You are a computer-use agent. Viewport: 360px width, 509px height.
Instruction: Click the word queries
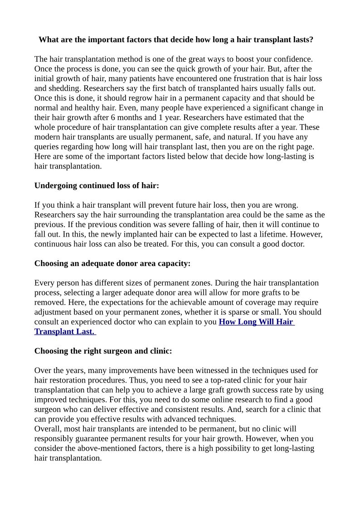point(47,147)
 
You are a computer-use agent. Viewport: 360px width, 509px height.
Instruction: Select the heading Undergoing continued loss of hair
point(97,185)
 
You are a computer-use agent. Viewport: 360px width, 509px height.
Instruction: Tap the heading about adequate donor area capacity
point(112,263)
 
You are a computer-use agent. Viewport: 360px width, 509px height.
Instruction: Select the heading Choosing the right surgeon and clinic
point(103,351)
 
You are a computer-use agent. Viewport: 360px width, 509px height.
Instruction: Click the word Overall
point(48,429)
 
